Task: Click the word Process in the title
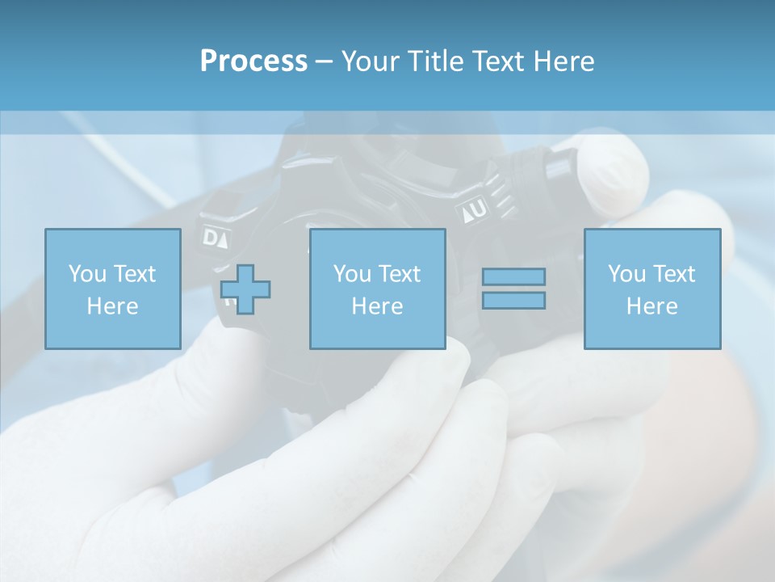(x=253, y=61)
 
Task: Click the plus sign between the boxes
(x=245, y=289)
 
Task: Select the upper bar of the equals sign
(x=513, y=276)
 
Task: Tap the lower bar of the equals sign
(x=513, y=300)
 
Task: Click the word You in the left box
(x=88, y=274)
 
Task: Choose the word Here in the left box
(x=112, y=306)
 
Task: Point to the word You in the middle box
(x=353, y=274)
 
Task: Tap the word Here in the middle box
(x=377, y=306)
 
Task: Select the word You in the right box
(x=627, y=274)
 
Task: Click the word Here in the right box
(x=651, y=306)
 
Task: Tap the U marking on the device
(x=479, y=210)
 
